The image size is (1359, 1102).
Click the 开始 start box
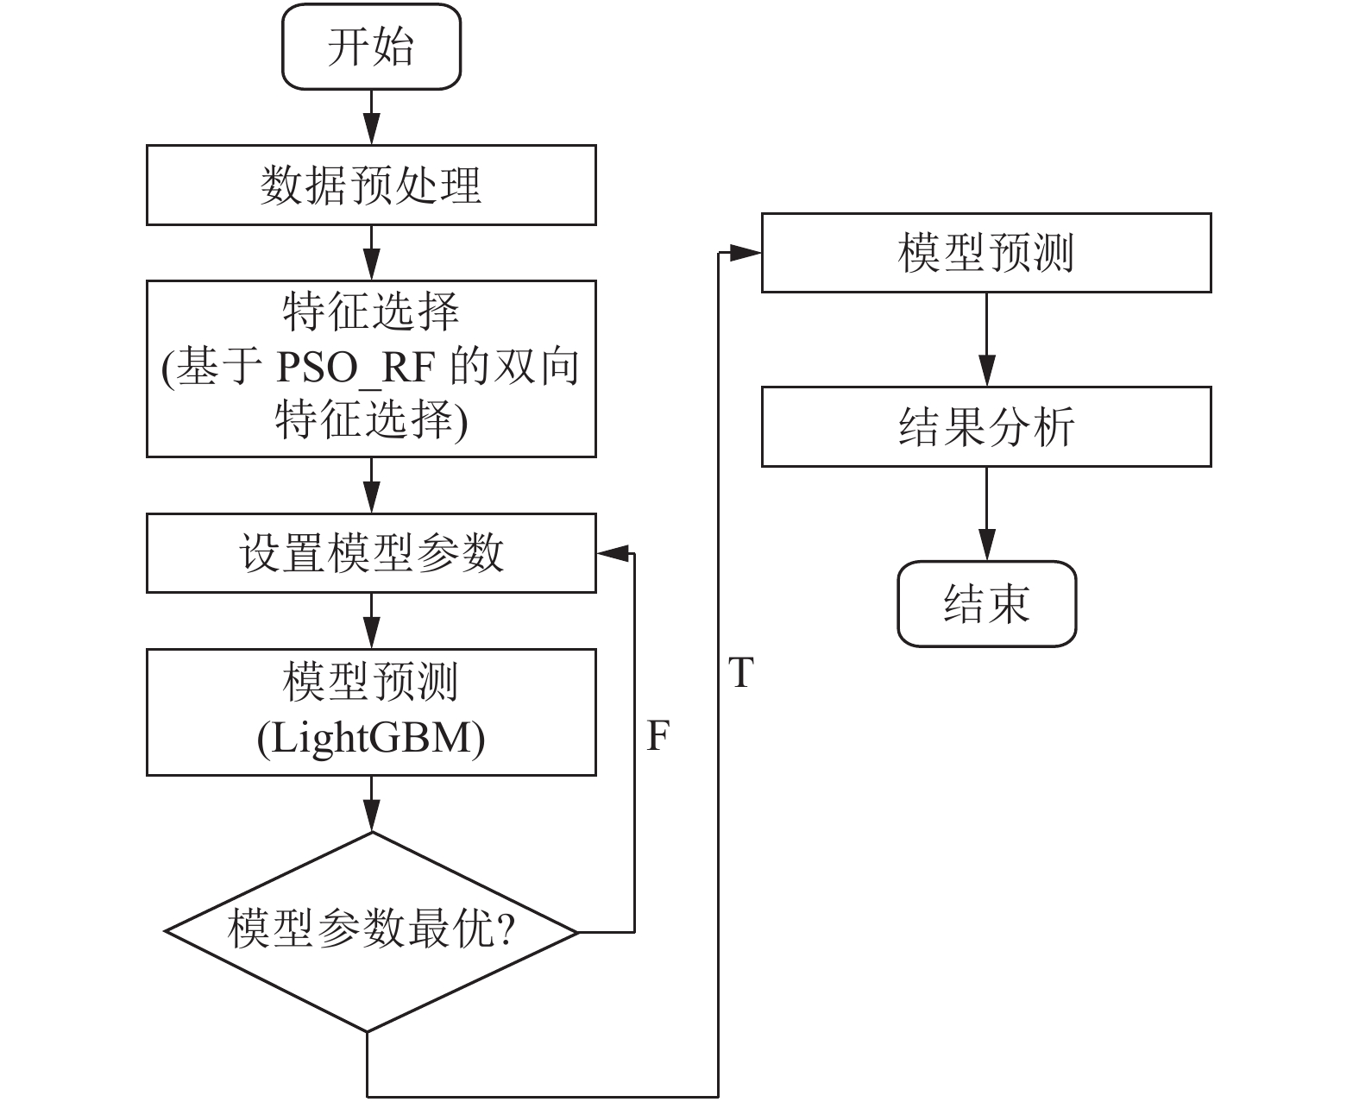tap(371, 47)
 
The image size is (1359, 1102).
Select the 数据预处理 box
tap(371, 185)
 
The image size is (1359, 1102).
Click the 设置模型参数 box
tap(371, 553)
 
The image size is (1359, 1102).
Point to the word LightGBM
tap(371, 739)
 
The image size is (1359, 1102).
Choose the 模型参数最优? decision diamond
tap(371, 932)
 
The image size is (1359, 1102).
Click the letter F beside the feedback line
tap(657, 736)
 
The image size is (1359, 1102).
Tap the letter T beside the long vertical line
tap(740, 672)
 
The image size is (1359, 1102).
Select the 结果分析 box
tap(986, 427)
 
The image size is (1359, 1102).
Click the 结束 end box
tap(986, 604)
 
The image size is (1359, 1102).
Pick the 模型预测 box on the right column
tap(986, 253)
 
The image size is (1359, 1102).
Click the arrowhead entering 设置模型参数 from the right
tap(613, 553)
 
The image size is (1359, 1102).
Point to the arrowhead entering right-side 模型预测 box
tap(746, 253)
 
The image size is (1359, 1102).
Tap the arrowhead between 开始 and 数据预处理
tap(371, 129)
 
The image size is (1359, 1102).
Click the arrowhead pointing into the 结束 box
tap(987, 545)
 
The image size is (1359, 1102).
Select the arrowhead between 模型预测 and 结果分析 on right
tap(987, 371)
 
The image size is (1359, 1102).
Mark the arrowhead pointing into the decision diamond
tap(371, 816)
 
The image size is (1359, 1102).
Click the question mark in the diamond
tap(506, 929)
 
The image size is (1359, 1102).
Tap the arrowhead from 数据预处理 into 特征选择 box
tap(371, 264)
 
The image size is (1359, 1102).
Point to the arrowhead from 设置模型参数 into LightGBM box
tap(371, 633)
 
